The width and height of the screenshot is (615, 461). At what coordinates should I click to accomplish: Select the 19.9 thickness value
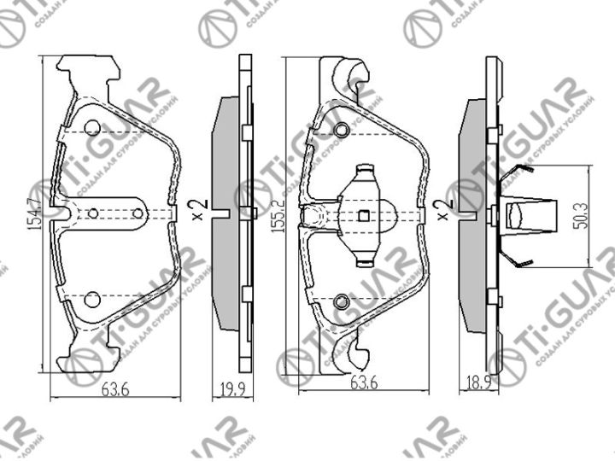(225, 391)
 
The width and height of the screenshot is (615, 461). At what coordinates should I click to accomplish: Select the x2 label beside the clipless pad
(197, 210)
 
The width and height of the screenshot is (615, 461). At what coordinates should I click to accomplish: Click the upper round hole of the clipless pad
(93, 129)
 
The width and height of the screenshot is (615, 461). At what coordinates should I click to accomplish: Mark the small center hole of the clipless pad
(95, 213)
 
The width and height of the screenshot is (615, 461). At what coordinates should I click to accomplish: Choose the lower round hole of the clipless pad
(93, 298)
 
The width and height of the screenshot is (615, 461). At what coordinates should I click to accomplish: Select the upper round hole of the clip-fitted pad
(342, 130)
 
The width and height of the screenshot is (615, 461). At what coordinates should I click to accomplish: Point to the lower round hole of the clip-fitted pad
(342, 301)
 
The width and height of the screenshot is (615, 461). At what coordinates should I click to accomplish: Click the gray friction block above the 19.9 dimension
(225, 213)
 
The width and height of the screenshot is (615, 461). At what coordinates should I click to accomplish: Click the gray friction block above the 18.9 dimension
(471, 213)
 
